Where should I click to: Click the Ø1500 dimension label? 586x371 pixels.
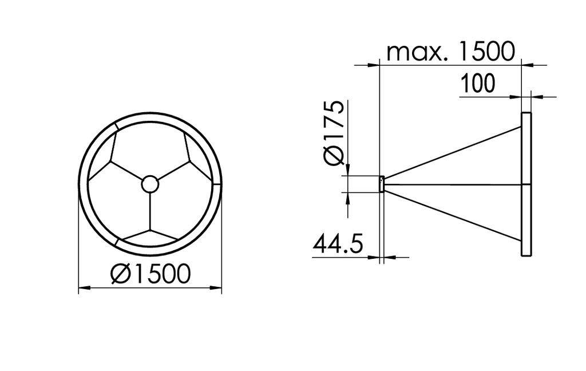click(x=150, y=274)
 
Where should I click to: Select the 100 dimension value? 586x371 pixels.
click(x=478, y=84)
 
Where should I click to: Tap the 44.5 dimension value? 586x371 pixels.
click(x=338, y=244)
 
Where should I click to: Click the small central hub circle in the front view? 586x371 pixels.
click(x=150, y=184)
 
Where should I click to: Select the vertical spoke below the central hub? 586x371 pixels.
click(x=150, y=212)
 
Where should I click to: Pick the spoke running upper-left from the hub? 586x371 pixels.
click(x=126, y=171)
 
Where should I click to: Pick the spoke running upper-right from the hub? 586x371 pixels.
click(x=173, y=171)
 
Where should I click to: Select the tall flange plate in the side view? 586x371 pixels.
click(x=526, y=184)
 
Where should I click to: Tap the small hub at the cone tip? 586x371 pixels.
click(x=382, y=184)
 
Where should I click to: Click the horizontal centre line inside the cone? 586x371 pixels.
click(x=452, y=184)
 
